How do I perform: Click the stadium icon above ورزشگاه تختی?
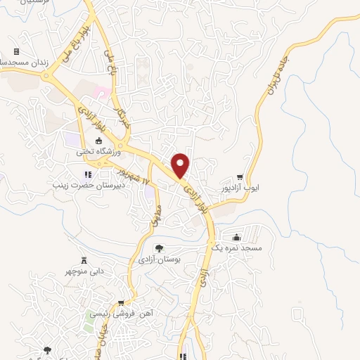(x=98, y=141)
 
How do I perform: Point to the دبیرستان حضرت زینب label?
(x=84, y=185)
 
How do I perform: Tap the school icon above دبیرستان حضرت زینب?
(x=88, y=174)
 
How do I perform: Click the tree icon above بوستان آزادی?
(x=160, y=247)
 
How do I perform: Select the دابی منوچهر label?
(x=85, y=271)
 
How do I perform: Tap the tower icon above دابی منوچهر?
(x=84, y=260)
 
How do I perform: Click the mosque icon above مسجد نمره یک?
(x=237, y=237)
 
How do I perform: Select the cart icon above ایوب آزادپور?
(x=240, y=177)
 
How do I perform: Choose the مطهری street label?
(x=156, y=214)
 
